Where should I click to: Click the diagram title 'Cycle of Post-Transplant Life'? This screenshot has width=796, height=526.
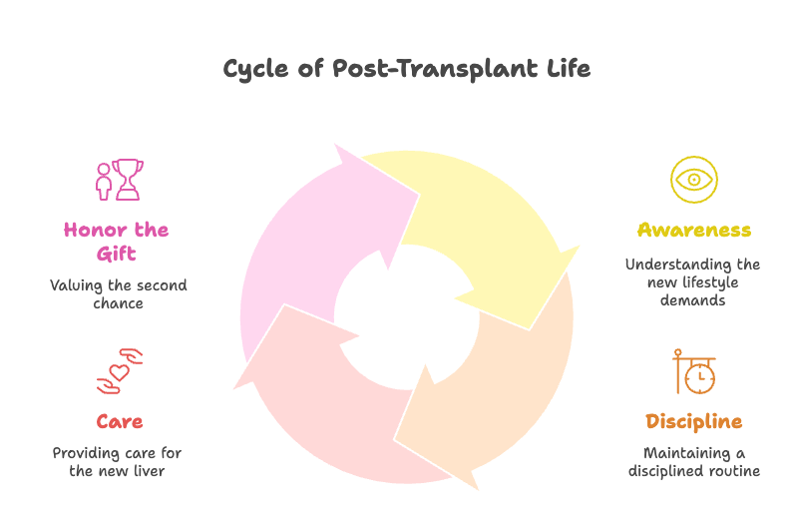coord(406,69)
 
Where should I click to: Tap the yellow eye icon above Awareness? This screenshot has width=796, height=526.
coord(693,180)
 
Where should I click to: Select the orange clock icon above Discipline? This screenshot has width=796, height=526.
coord(696,372)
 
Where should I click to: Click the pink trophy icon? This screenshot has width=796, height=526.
coord(128,180)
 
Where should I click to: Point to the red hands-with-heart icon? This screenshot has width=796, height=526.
coord(120,371)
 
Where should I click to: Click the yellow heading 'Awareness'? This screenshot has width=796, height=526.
coord(693,231)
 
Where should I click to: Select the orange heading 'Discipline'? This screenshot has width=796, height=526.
coord(693,420)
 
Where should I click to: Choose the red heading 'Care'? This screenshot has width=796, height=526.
coord(119,420)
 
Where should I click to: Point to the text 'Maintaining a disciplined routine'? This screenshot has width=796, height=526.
coord(693,461)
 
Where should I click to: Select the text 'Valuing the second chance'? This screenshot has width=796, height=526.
coord(119,293)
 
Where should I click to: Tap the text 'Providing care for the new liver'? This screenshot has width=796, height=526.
coord(118,461)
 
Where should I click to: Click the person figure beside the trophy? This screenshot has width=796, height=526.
coord(103,182)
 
